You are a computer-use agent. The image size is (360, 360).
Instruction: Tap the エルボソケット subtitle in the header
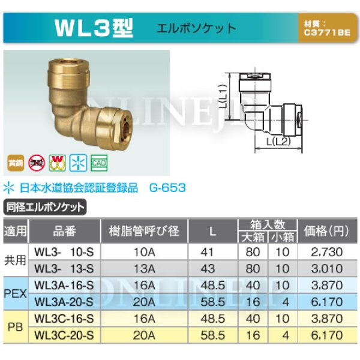click(x=196, y=28)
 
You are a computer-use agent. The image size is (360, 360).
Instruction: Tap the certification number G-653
click(x=167, y=188)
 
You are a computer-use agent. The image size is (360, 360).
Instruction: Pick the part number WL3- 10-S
click(x=64, y=251)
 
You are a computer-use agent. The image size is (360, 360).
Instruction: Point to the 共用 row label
click(x=14, y=259)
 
